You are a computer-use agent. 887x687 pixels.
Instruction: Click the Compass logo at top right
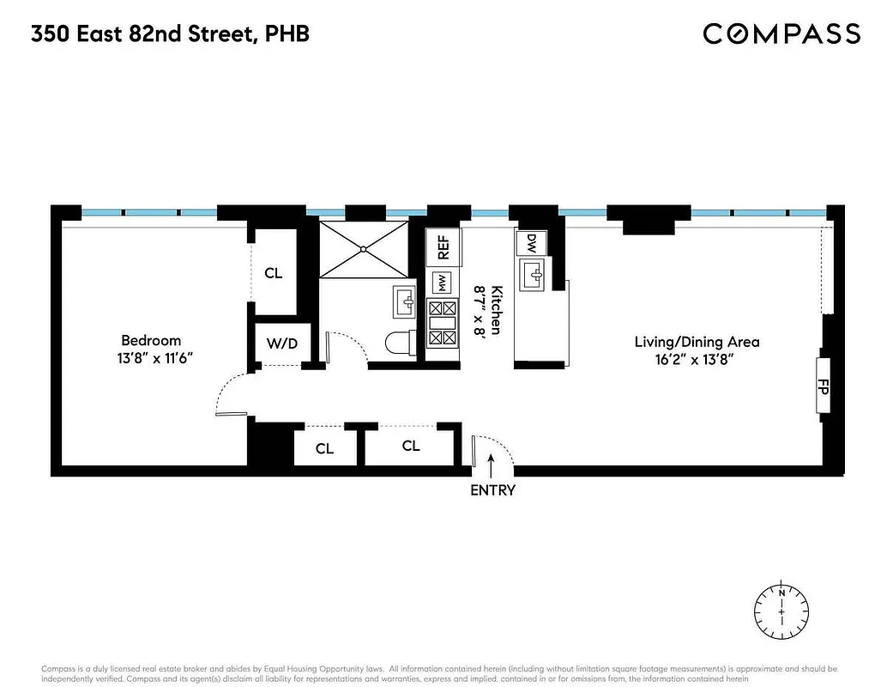click(781, 33)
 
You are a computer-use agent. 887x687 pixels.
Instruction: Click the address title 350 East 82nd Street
click(170, 34)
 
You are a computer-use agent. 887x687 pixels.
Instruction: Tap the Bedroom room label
click(151, 340)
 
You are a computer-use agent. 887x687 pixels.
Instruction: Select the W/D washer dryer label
click(281, 344)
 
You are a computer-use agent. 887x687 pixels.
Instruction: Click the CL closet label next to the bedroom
click(273, 274)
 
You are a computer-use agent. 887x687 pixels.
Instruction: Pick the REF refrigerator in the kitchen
click(443, 247)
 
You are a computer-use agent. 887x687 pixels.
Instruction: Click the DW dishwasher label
click(532, 243)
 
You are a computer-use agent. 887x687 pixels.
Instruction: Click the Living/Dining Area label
click(697, 342)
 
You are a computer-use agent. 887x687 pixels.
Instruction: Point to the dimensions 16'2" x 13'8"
click(697, 360)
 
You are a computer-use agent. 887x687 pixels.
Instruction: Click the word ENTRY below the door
click(492, 490)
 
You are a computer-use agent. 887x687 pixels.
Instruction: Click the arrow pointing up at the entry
click(492, 466)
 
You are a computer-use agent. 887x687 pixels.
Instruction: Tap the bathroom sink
click(403, 301)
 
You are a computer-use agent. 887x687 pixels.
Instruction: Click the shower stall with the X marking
click(364, 249)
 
